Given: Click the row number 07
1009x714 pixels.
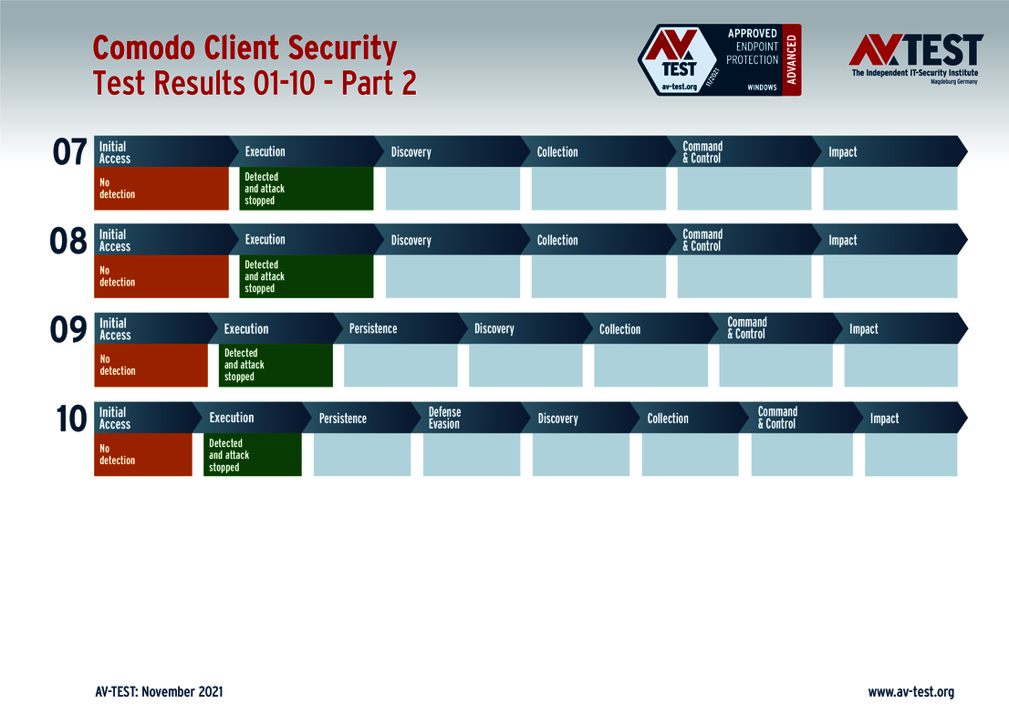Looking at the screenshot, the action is pos(69,152).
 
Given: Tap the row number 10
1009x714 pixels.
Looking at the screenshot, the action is pos(71,419).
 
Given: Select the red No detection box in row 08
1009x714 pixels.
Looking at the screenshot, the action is pos(161,276).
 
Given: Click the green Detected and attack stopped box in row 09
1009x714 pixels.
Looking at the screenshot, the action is pos(276,365).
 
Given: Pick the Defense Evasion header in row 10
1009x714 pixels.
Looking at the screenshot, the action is pos(444,419).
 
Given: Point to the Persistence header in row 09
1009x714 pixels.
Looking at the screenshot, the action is pos(373,328).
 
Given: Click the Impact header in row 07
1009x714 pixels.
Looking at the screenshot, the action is pos(842,151).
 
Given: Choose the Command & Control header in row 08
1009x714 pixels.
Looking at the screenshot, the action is pos(702,240).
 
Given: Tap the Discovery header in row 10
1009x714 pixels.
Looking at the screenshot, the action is pos(558,419).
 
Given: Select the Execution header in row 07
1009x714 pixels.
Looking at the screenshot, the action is pos(265,151).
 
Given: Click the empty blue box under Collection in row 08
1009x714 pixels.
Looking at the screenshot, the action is pos(598,276).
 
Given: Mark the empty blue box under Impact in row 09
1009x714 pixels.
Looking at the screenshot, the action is pos(901,365).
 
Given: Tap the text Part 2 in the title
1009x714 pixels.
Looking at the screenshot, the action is pos(379,83).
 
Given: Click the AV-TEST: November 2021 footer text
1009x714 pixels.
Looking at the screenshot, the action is pos(159,692).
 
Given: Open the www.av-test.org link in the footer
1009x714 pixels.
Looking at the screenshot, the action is pos(911,692).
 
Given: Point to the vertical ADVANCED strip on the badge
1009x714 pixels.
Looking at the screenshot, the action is pos(792,60).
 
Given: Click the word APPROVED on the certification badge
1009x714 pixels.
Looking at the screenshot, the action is pos(753,34).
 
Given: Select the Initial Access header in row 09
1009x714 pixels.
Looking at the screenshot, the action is pos(115,328).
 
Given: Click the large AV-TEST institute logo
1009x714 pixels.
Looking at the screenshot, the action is pos(916,57).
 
